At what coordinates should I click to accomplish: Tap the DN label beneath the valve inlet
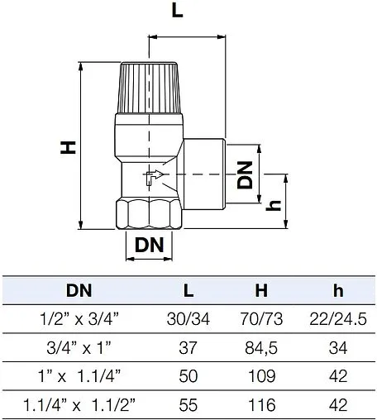[x=149, y=245]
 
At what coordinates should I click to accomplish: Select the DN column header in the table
[x=79, y=291]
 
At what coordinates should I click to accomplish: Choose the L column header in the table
[x=188, y=291]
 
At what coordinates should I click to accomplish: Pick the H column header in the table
[x=261, y=291]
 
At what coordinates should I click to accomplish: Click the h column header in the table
[x=337, y=291]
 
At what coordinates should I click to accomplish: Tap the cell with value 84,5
[x=261, y=348]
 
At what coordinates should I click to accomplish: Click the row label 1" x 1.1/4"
[x=79, y=376]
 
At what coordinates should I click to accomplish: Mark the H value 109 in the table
[x=261, y=376]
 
